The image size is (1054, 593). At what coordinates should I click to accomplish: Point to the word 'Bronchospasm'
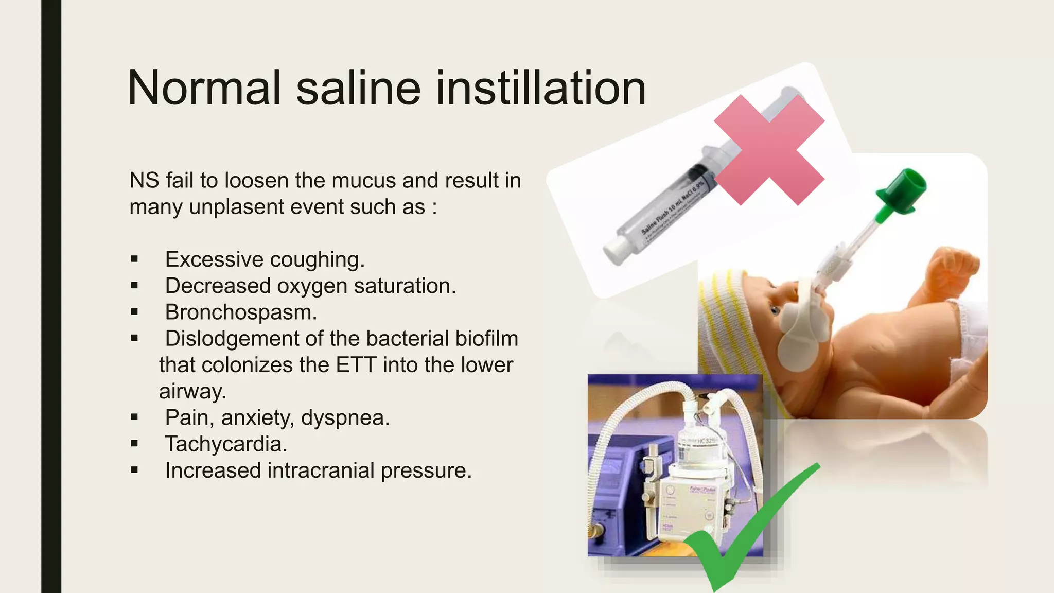point(239,312)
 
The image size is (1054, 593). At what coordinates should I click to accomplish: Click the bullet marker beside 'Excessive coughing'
point(134,259)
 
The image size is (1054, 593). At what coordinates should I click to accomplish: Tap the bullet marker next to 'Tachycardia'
point(134,444)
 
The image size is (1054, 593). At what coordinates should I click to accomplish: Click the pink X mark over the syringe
point(769,150)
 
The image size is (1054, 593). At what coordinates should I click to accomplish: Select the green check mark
point(746,530)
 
